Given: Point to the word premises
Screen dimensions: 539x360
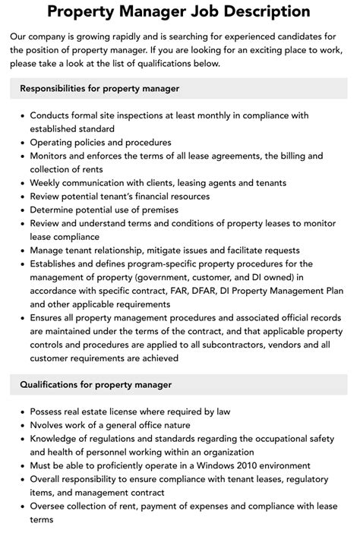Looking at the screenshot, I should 156,210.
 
